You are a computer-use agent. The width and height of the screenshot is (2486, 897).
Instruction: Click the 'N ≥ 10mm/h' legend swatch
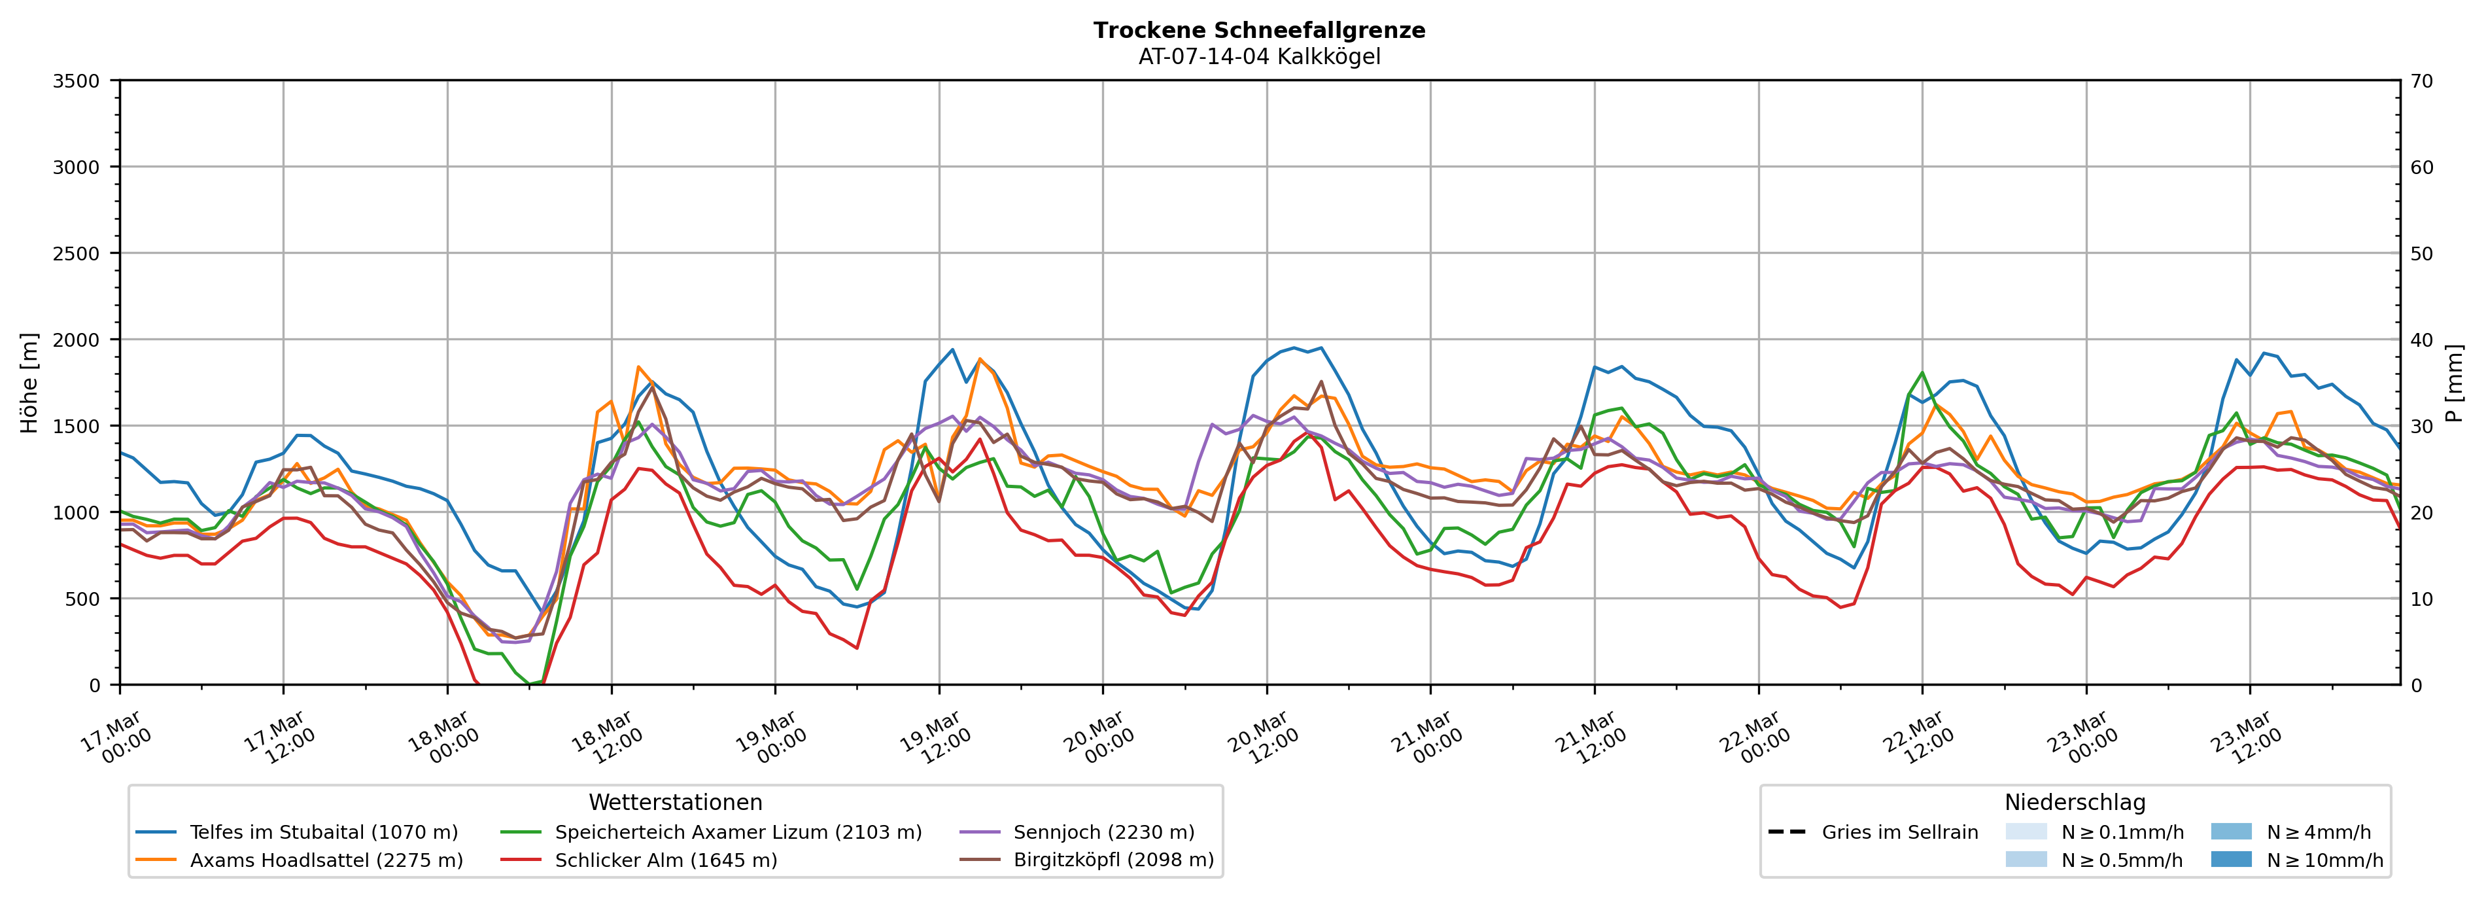(x=2230, y=859)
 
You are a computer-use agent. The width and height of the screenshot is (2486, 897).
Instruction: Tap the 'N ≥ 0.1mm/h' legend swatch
(x=2026, y=832)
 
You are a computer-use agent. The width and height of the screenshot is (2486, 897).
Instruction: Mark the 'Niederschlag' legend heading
(x=2075, y=802)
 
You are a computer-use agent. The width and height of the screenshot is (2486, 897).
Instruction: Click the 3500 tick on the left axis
(x=77, y=81)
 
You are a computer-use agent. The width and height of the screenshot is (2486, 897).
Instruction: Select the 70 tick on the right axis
(x=2421, y=81)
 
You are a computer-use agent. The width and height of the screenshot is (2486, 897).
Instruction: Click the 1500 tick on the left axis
(x=77, y=426)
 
